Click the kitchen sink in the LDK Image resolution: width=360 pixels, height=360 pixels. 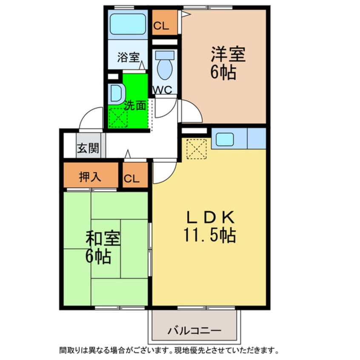coord(224,139)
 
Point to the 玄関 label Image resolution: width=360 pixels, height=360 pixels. coord(88,149)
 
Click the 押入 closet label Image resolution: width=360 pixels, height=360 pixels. coord(90,177)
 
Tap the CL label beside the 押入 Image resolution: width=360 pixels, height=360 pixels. coord(132,179)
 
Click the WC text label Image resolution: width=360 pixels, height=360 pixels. coord(162,90)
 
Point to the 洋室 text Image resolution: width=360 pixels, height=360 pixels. coord(228,56)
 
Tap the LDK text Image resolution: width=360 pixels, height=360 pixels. coord(210,218)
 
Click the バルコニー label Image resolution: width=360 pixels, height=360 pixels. coord(194,330)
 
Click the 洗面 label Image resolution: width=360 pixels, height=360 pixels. coord(135,105)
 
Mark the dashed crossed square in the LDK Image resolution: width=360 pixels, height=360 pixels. coord(196,149)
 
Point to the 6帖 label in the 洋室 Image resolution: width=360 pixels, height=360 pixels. coord(223,73)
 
